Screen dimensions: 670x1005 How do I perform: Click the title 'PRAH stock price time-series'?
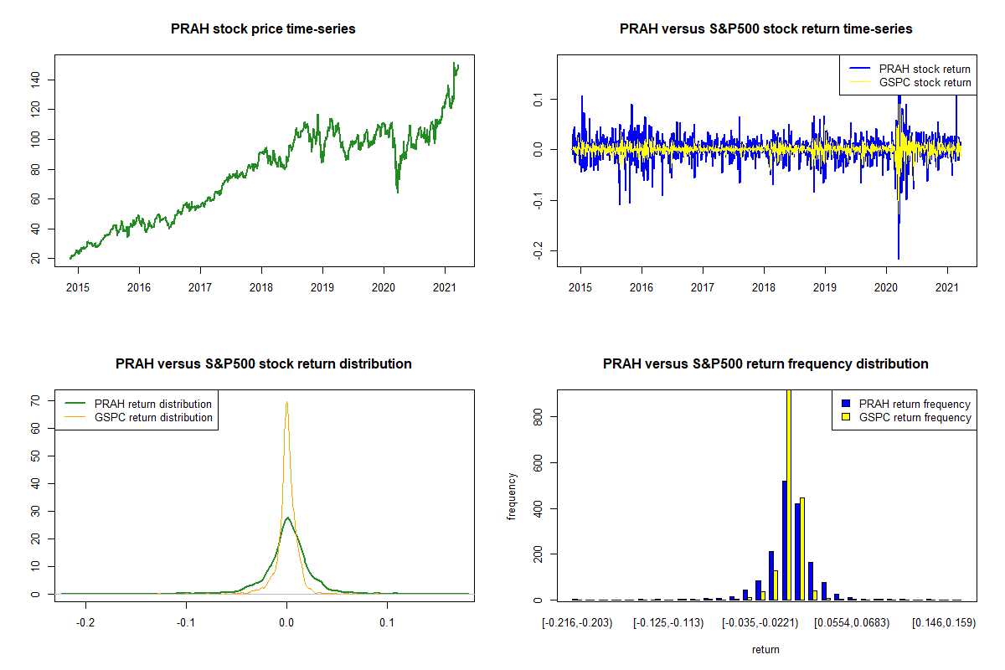point(263,29)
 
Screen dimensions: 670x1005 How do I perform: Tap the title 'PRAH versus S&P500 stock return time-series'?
point(765,29)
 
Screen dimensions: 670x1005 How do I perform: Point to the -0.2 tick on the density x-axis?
point(85,622)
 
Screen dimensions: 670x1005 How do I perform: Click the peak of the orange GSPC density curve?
point(286,402)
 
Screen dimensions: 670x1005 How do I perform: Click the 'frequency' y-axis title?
point(513,497)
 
